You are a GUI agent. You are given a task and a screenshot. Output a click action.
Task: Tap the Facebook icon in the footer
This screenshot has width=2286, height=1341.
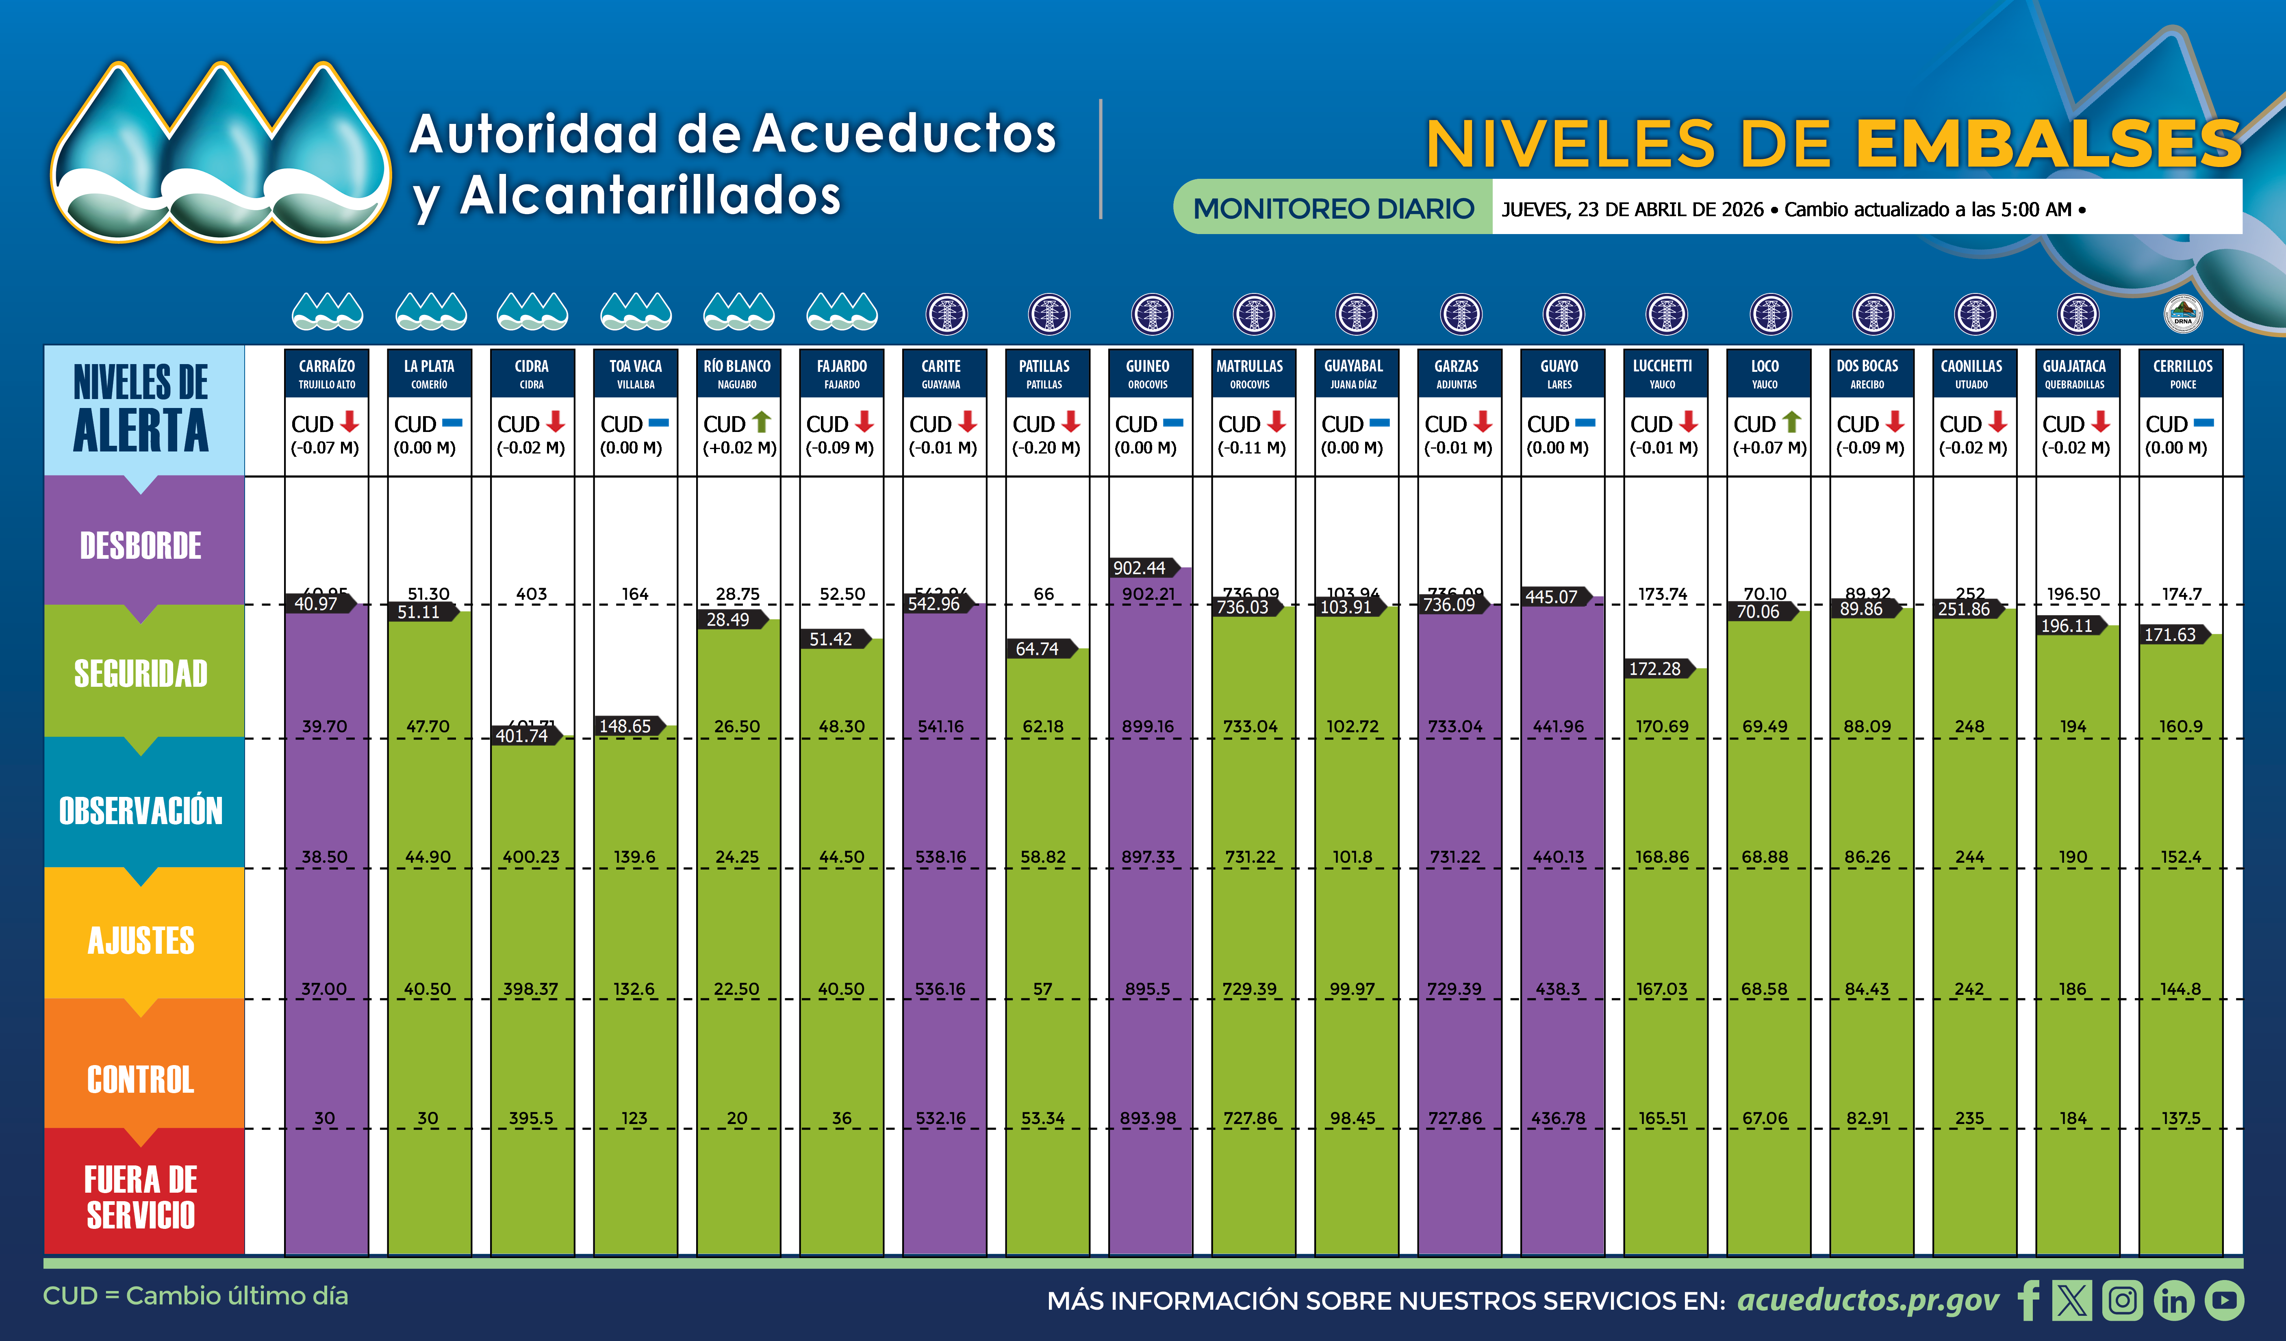2028,1300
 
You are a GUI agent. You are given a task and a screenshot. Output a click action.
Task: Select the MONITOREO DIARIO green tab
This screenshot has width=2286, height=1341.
1333,208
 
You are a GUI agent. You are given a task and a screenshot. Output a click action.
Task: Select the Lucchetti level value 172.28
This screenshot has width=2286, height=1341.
1654,669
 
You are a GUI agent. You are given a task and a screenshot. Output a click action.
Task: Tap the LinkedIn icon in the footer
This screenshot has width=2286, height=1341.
2173,1300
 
